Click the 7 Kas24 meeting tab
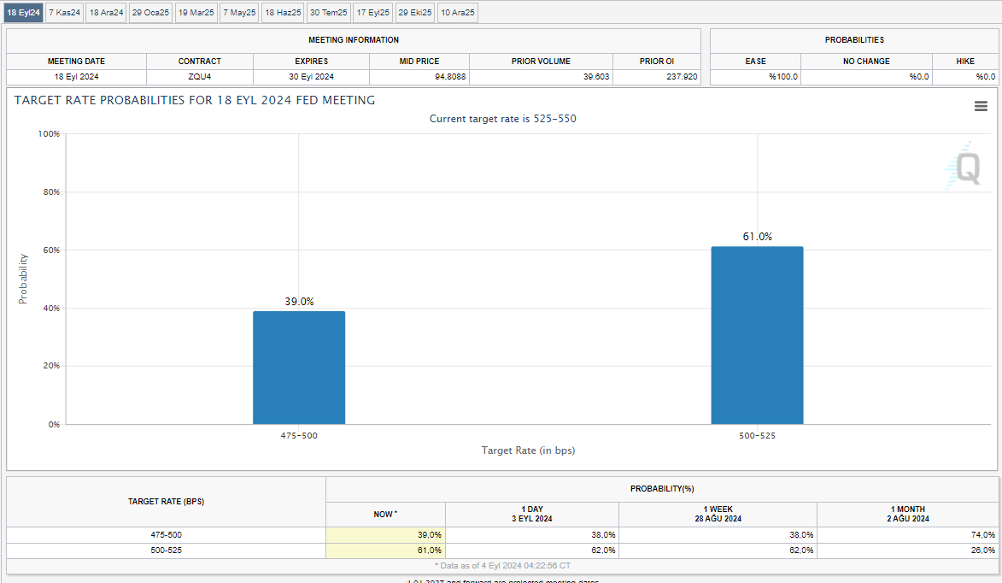tap(65, 13)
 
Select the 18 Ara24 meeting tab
tap(107, 13)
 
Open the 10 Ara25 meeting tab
tap(458, 13)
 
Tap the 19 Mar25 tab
tap(196, 13)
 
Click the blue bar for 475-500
tap(299, 368)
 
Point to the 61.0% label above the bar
tap(757, 237)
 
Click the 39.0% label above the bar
tap(299, 302)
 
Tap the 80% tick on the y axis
tap(50, 192)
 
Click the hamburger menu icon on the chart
tap(981, 106)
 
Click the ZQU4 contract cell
tap(200, 77)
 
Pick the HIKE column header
tap(964, 62)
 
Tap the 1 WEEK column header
tap(718, 514)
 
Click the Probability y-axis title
tap(23, 279)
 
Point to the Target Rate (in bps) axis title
tap(528, 450)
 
